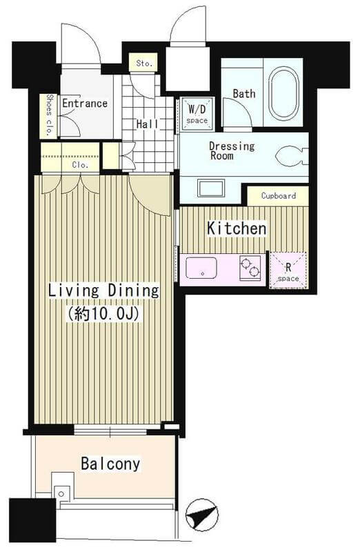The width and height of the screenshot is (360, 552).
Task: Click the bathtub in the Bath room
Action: coord(283,93)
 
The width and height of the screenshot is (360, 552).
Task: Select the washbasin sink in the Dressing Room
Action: coord(211,188)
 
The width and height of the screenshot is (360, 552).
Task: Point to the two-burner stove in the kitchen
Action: coord(250,268)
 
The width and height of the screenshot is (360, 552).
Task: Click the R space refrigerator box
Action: coord(288,270)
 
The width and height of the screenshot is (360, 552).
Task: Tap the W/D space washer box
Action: coord(197,113)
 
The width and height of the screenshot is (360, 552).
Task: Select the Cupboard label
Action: coord(279,196)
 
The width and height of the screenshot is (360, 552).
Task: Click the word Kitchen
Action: coord(237,228)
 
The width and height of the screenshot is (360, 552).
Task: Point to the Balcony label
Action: coord(110,464)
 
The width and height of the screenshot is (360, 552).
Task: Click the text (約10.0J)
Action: coord(105,313)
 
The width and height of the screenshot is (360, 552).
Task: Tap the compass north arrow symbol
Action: coord(201,515)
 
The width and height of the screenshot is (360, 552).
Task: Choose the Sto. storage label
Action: coord(144,63)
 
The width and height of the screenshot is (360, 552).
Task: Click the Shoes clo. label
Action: coord(48,115)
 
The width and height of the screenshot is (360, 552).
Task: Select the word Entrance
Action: coord(85,103)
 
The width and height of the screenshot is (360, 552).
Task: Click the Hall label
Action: coord(148,124)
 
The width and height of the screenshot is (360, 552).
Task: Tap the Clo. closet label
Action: coord(80,164)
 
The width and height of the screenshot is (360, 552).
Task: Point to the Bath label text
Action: coord(244,94)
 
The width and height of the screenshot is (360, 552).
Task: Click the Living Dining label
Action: coord(103,290)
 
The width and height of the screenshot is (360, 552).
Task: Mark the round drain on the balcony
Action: coord(61,493)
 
